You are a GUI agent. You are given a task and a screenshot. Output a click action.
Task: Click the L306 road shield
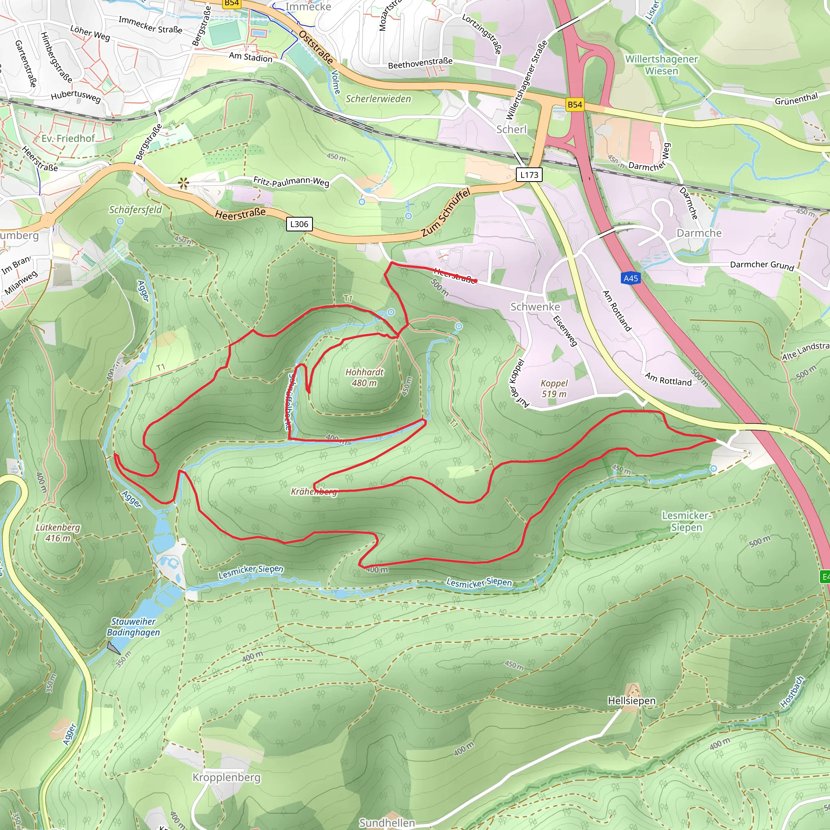tap(299, 224)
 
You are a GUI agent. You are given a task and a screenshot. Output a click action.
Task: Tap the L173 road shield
tap(529, 174)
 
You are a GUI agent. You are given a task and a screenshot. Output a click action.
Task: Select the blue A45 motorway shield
tap(631, 278)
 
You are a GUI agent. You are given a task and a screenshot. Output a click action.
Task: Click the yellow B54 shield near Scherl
tap(574, 105)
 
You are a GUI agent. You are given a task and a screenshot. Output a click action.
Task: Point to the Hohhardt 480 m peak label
tap(364, 377)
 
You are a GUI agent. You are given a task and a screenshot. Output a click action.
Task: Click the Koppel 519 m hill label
tap(554, 388)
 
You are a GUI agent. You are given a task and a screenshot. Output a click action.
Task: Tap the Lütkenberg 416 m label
tap(58, 532)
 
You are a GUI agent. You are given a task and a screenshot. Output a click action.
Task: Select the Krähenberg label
tap(314, 492)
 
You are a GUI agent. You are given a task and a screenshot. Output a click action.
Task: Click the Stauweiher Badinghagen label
tap(133, 627)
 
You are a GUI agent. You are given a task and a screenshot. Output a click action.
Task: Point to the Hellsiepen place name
tap(631, 701)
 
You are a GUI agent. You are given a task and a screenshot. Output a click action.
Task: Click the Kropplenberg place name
tap(227, 778)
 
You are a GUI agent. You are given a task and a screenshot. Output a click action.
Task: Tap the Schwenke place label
tap(535, 307)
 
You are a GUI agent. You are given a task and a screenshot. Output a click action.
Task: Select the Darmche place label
tap(699, 233)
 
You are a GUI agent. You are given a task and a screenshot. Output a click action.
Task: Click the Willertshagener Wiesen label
tap(661, 65)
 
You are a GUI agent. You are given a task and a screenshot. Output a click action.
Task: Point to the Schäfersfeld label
tap(135, 210)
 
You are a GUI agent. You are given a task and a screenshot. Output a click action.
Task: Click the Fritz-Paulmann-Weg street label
tap(291, 181)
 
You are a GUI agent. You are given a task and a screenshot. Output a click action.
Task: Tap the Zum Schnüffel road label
tap(445, 212)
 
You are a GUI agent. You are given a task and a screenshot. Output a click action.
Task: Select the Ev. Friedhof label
tap(68, 138)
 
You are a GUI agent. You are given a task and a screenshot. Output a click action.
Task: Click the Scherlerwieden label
tap(378, 99)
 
